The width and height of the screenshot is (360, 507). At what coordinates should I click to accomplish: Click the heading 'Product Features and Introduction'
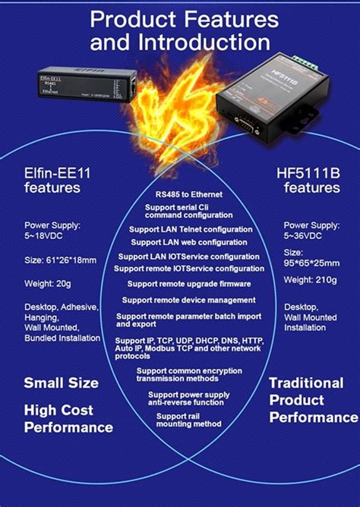point(179,30)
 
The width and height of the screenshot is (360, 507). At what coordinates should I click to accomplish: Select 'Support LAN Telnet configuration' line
point(190,228)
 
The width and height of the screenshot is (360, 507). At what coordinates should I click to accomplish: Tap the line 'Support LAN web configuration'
point(189,242)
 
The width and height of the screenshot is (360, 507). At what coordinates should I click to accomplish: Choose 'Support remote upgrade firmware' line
point(189,284)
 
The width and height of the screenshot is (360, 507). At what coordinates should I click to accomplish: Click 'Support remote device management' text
point(189,300)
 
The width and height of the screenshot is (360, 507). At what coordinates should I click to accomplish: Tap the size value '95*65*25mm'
point(311,266)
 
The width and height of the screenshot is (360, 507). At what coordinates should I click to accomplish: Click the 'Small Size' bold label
point(61,383)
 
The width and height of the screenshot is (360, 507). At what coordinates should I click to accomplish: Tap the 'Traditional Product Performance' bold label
point(311,400)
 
